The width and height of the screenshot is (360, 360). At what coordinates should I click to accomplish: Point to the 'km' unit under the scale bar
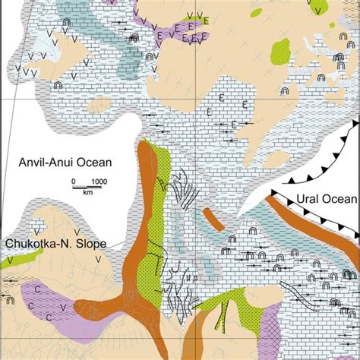pyautogui.click(x=88, y=194)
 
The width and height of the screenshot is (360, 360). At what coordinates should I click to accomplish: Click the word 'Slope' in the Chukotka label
pyautogui.click(x=90, y=243)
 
